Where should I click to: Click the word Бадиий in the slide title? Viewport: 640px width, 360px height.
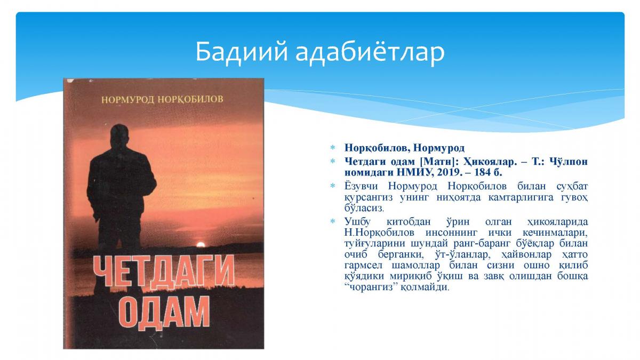242,52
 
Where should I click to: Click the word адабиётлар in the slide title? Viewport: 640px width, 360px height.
370,52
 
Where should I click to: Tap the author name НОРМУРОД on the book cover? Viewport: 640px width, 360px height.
128,100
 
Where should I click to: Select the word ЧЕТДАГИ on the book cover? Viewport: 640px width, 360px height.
164,271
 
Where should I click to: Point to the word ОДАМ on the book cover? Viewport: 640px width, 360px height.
164,313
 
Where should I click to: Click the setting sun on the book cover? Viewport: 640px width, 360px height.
201,245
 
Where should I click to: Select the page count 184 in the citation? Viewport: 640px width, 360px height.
483,172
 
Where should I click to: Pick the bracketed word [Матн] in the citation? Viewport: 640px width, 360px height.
437,162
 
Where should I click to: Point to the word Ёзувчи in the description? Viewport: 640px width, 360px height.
361,186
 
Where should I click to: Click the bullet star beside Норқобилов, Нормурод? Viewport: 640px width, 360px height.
333,148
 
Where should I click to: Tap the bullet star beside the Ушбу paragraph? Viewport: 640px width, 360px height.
333,221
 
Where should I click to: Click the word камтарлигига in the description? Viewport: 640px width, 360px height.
521,197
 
